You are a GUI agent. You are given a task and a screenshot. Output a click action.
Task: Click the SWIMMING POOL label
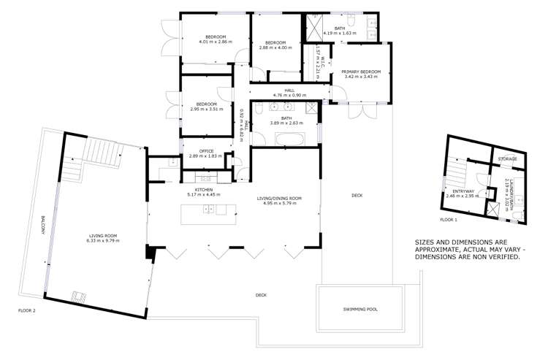tap(360, 309)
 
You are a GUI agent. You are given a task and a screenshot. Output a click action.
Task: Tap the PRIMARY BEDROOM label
tap(361, 71)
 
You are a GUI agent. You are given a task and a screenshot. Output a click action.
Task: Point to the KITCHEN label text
tap(203, 189)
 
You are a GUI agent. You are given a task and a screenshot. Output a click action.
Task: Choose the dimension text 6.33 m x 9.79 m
tap(104, 240)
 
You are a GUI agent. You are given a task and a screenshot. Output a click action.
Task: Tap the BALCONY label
tap(44, 226)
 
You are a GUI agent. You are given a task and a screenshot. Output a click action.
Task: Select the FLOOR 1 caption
tap(449, 219)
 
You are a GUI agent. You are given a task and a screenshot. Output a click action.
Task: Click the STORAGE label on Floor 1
tap(507, 158)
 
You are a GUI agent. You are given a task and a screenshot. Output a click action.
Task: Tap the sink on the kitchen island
tap(210, 210)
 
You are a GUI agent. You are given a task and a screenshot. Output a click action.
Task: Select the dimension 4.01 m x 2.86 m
tap(215, 42)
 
